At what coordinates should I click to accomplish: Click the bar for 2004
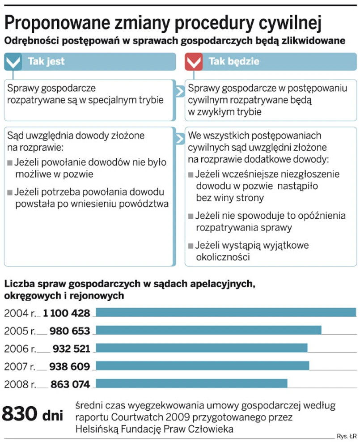click(226, 313)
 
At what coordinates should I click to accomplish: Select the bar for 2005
click(208, 330)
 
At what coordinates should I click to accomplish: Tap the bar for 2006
click(202, 348)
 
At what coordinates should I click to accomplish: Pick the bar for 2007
click(203, 366)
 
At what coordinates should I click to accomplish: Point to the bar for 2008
click(191, 383)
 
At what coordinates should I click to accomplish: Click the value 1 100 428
click(67, 313)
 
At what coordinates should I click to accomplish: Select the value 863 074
click(70, 384)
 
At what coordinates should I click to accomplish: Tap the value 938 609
click(70, 366)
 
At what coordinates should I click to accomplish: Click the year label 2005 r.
click(19, 331)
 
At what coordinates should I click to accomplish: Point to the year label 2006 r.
click(19, 348)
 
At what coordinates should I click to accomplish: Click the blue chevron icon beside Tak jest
click(13, 62)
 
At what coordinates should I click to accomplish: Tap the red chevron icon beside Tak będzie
click(194, 62)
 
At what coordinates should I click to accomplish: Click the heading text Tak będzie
click(233, 61)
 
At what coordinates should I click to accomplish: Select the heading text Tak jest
click(46, 61)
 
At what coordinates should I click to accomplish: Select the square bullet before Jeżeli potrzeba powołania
click(10, 193)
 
